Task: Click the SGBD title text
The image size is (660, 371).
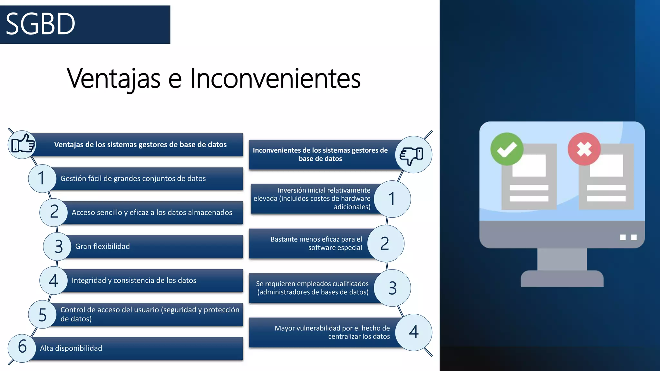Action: [41, 24]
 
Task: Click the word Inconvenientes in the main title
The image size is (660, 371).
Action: [275, 78]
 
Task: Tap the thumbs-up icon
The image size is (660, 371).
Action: [22, 145]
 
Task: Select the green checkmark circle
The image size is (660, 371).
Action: [507, 149]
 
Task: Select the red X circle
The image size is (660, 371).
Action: [584, 149]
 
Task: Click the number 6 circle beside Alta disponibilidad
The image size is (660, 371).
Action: [22, 347]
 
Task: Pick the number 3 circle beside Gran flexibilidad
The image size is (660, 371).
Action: [58, 246]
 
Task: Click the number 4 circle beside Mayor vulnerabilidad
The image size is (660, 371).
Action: [413, 332]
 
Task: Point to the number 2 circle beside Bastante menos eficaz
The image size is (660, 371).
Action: [385, 243]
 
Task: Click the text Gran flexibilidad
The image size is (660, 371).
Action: [102, 246]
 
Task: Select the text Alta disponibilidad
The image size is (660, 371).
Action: [71, 348]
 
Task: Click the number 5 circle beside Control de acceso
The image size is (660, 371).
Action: [42, 315]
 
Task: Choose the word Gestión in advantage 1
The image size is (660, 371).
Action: [73, 178]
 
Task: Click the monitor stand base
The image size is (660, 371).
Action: [562, 279]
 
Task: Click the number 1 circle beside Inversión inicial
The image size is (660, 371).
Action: [392, 199]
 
